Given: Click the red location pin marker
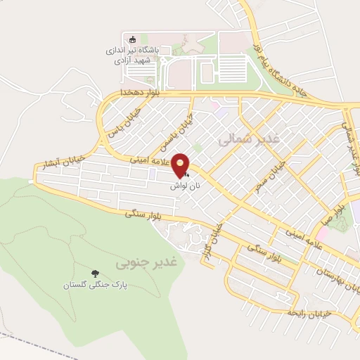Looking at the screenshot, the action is tap(182, 165).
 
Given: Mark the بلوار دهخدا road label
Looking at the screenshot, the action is tap(140, 93).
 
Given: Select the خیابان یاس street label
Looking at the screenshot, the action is tap(122, 122).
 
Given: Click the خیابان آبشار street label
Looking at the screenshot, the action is tap(61, 160).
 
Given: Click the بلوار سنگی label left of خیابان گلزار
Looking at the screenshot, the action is tap(141, 216).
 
